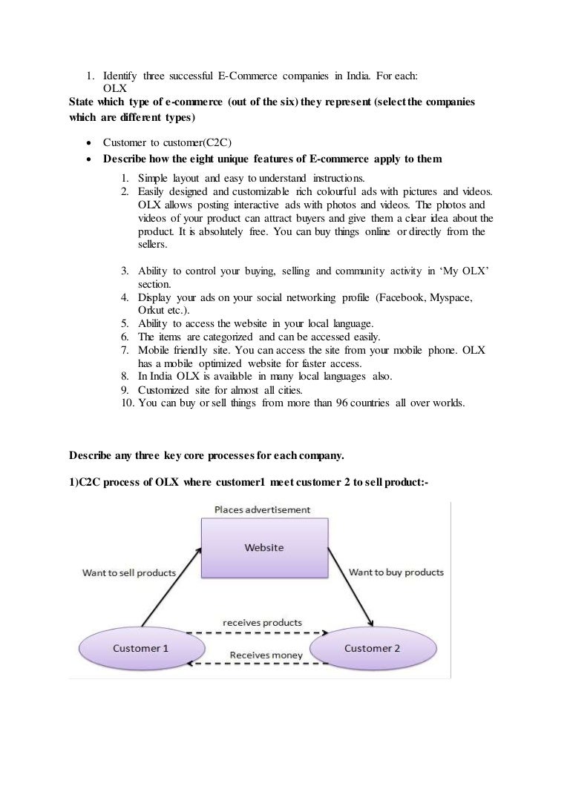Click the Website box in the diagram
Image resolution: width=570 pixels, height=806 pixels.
[264, 548]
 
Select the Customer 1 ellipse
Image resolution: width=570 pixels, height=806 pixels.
[140, 647]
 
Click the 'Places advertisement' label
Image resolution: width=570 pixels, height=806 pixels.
[262, 510]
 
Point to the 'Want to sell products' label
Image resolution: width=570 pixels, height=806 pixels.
[129, 572]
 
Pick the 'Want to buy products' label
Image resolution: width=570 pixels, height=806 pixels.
[396, 572]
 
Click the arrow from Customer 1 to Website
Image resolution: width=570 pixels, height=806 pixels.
[171, 589]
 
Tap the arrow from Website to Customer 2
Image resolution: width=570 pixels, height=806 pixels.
[355, 589]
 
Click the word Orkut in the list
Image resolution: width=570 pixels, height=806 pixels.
[152, 309]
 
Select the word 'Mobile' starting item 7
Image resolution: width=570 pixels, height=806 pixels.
[154, 350]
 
